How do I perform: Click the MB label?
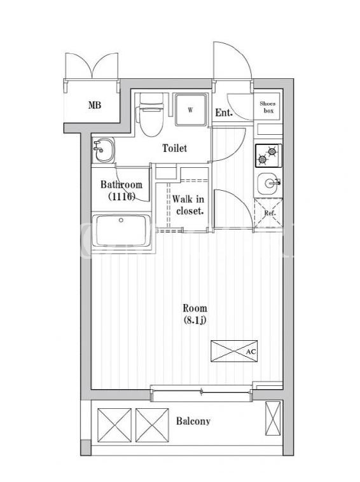pyautogui.click(x=94, y=105)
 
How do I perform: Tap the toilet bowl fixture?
pyautogui.click(x=151, y=114)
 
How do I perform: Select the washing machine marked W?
pyautogui.click(x=191, y=110)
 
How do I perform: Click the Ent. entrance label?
pyautogui.click(x=223, y=113)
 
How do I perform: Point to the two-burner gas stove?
pyautogui.click(x=268, y=156)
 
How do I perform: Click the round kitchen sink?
pyautogui.click(x=268, y=184)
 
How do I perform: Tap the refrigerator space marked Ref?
pyautogui.click(x=268, y=212)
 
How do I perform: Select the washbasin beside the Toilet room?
pyautogui.click(x=103, y=150)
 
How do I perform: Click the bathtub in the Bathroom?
pyautogui.click(x=122, y=230)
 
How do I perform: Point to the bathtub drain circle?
pyautogui.click(x=121, y=220)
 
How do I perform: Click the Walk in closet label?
pyautogui.click(x=188, y=205)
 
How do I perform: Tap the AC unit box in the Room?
pyautogui.click(x=234, y=351)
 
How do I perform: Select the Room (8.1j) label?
pyautogui.click(x=195, y=314)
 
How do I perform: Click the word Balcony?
pyautogui.click(x=193, y=421)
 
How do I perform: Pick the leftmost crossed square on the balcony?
pyautogui.click(x=114, y=425)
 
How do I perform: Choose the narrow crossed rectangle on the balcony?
pyautogui.click(x=273, y=418)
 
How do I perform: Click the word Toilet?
pyautogui.click(x=174, y=148)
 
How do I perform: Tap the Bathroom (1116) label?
pyautogui.click(x=121, y=191)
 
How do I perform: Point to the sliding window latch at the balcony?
pyautogui.click(x=202, y=391)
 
